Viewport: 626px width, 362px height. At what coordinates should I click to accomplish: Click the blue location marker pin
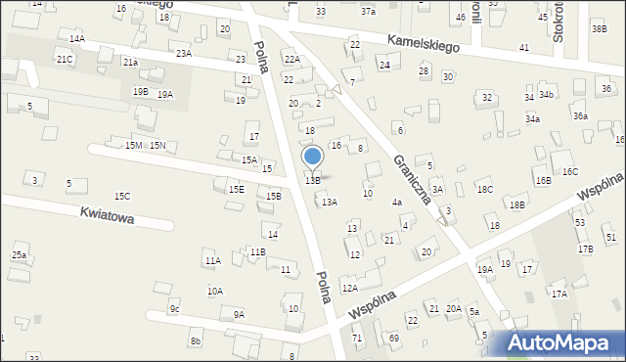coord(313,157)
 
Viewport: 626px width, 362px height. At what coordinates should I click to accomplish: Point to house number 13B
coord(312,180)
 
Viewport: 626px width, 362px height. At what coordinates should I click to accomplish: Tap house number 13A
coord(330,202)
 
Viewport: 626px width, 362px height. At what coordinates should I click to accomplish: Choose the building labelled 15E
coord(236,189)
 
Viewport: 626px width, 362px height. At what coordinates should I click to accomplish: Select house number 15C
coord(121,197)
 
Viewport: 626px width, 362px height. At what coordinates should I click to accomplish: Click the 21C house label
coord(64,60)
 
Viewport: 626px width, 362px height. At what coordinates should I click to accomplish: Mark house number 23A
coord(183,54)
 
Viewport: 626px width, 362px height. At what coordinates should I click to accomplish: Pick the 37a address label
coord(367,12)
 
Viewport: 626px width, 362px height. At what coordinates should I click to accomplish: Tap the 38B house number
coord(599,28)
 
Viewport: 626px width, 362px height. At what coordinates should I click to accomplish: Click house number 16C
coord(569,171)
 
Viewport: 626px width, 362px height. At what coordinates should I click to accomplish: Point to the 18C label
coord(484,189)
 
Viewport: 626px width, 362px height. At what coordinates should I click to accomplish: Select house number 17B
coord(585,249)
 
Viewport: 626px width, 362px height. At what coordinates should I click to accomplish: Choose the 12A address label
coord(349,289)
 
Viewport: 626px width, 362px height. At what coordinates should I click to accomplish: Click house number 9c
coord(174,309)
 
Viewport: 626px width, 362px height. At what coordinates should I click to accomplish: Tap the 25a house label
coord(19,255)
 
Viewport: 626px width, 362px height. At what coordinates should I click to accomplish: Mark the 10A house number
coord(214,291)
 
